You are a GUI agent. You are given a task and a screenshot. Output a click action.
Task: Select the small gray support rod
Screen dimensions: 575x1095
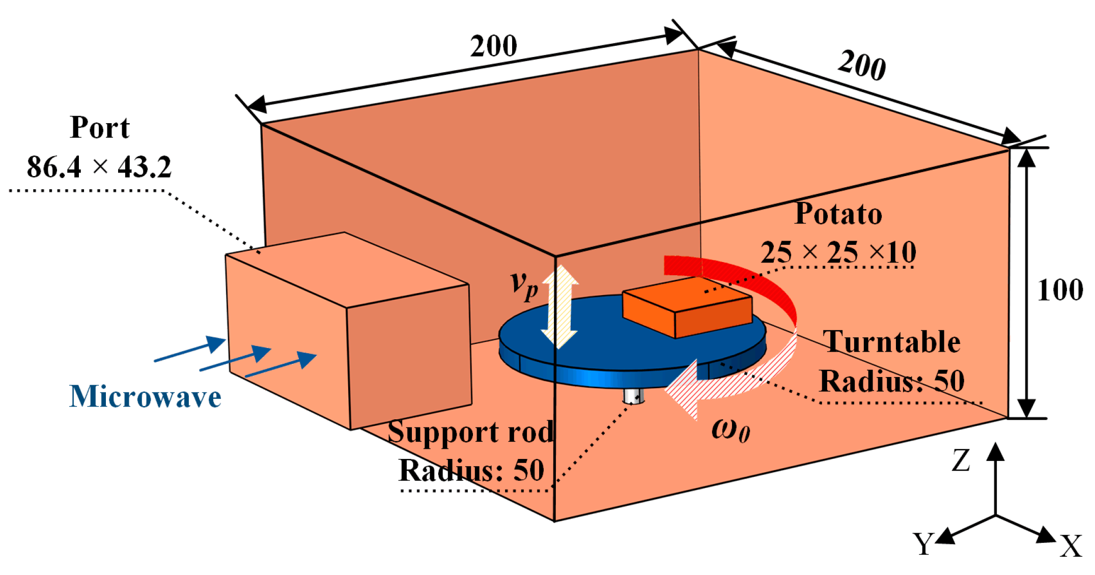click(634, 396)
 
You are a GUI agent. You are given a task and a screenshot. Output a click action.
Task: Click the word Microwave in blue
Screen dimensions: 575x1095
click(145, 396)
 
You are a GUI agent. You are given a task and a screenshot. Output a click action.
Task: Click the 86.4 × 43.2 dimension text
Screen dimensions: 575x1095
click(99, 167)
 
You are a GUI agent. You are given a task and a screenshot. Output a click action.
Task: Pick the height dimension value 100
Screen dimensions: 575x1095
click(1060, 290)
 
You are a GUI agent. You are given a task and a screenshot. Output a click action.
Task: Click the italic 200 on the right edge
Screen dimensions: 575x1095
click(862, 65)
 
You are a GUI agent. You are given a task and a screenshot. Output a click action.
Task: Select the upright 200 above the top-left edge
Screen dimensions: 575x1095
click(493, 46)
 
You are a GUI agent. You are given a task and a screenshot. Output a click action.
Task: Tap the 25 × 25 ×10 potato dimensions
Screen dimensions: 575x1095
click(838, 252)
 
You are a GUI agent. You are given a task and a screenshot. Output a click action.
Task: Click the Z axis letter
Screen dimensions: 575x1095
click(961, 461)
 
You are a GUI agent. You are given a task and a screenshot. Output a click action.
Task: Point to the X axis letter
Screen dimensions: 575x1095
click(1071, 547)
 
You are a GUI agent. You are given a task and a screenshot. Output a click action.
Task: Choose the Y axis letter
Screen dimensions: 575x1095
click(923, 544)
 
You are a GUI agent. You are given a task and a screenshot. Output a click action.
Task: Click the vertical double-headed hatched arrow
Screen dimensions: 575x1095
click(559, 307)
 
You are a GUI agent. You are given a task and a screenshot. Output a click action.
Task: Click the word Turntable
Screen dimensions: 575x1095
click(891, 341)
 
